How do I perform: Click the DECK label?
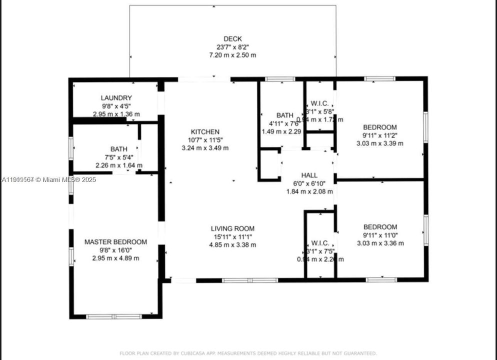pos(233,38)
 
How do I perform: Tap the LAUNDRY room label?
pos(116,98)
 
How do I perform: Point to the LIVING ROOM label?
pos(233,228)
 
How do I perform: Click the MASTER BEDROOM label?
pos(115,242)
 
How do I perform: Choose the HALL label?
pos(309,175)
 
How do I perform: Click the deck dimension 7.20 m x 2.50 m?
pos(233,54)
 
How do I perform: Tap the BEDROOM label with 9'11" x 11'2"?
pos(380,127)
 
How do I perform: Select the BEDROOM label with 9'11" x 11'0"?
pos(380,227)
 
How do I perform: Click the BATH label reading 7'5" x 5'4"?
pos(119,149)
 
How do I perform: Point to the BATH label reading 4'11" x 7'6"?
pos(281,115)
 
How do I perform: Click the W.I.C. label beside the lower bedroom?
pos(320,243)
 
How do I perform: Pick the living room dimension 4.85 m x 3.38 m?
pos(233,244)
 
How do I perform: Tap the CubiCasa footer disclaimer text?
pos(248,353)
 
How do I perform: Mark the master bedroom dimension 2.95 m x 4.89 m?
pos(115,258)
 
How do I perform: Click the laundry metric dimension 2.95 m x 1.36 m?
pos(116,114)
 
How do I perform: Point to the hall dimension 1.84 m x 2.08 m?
pos(309,191)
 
